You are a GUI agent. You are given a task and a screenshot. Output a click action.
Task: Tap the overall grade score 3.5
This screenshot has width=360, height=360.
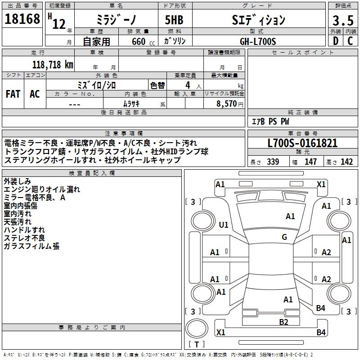click(342, 21)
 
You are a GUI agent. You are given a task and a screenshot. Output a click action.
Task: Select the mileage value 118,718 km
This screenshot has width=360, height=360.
click(53, 64)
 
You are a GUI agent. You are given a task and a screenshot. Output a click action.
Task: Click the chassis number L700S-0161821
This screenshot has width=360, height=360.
click(302, 144)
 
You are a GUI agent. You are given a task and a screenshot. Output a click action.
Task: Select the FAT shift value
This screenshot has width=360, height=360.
click(13, 94)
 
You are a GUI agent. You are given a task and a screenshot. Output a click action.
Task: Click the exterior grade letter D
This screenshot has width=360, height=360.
click(335, 41)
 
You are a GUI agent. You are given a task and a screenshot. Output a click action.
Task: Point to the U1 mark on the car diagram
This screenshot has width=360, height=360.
click(224, 225)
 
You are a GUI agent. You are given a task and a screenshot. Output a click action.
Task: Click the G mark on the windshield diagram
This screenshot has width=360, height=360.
click(284, 237)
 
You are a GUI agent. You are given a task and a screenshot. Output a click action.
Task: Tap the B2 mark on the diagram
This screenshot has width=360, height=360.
click(283, 322)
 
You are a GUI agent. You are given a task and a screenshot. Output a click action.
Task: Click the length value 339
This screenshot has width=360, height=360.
click(273, 162)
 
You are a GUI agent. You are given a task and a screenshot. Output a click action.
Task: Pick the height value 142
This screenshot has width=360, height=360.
click(346, 162)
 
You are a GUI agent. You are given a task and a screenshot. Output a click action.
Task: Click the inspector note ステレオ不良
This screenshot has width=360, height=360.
click(24, 238)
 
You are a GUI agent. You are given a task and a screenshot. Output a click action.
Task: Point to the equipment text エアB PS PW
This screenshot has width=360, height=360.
click(270, 121)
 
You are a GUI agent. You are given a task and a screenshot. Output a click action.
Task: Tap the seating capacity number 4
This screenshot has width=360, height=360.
click(187, 85)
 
